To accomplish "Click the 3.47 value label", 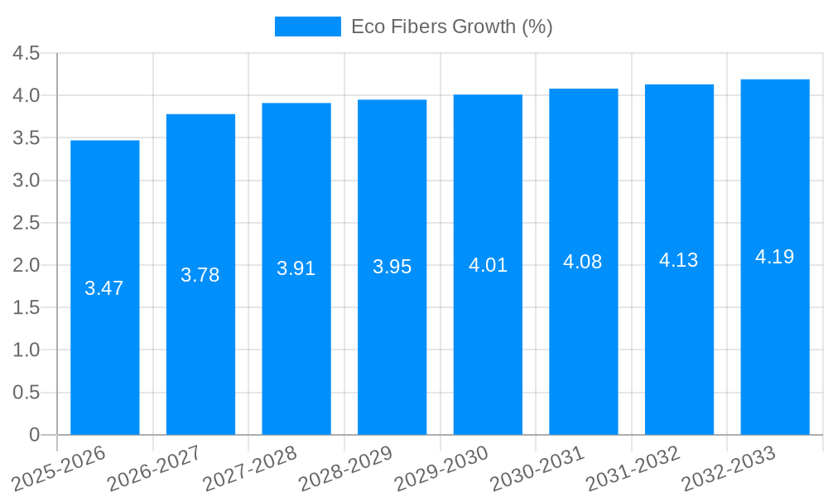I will point(104,288).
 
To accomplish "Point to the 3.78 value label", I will point(200,275).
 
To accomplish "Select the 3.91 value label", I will point(296,268).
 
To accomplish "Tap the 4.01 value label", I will point(488,265).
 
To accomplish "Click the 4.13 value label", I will point(679,260).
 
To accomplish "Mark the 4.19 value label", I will point(775,257).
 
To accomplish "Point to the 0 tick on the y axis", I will point(34,435).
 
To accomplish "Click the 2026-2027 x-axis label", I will point(155,467).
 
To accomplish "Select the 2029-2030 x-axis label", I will point(442,467).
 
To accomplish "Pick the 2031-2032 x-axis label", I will point(633,467).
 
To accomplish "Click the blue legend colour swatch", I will point(307,27).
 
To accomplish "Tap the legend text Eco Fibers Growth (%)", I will point(451,27).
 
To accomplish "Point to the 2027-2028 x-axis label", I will point(251,467).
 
